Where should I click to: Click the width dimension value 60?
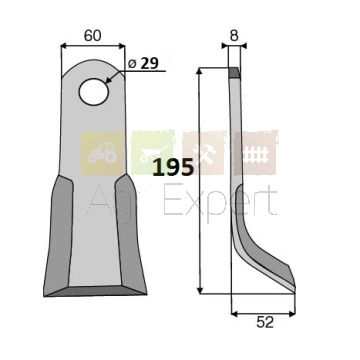(x=92, y=36)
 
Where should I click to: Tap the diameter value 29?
(x=149, y=63)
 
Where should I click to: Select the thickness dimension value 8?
(x=234, y=36)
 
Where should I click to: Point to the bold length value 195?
(x=173, y=167)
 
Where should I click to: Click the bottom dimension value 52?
(x=265, y=322)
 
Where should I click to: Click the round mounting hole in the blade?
(x=94, y=92)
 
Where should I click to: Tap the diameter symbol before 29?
(x=132, y=64)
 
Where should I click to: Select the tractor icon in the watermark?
(x=101, y=154)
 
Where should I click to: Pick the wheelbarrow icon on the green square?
(x=153, y=154)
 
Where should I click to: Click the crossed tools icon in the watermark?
(x=204, y=154)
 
